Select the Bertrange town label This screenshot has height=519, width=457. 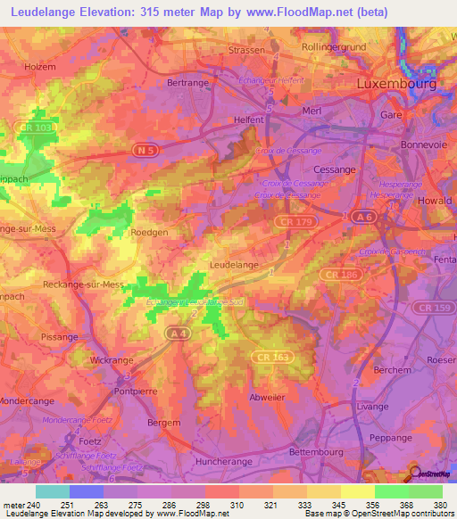point(187,82)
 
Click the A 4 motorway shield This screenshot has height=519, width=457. point(175,331)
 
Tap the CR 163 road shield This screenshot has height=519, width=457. point(303,356)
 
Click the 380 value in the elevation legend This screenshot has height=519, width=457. point(438,504)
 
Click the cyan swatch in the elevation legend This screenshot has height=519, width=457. point(52,491)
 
